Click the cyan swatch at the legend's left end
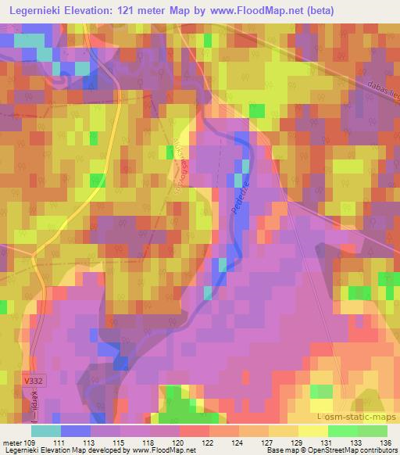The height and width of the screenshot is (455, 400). [x=46, y=430]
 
